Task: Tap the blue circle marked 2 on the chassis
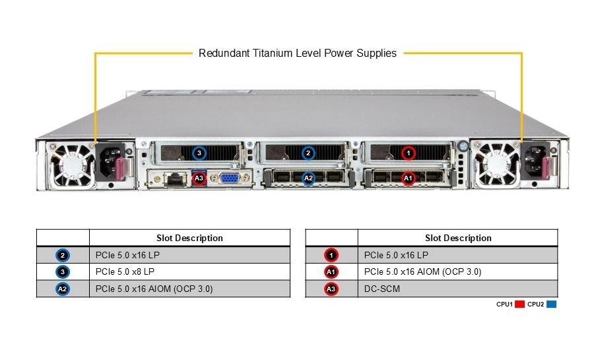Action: point(308,153)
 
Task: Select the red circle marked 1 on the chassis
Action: point(409,153)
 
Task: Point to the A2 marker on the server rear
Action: point(308,177)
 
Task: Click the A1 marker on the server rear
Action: point(408,177)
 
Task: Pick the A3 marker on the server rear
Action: point(199,178)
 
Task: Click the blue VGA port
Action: point(229,178)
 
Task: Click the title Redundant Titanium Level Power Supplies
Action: point(298,53)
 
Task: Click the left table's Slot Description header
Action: point(189,238)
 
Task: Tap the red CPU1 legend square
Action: point(519,305)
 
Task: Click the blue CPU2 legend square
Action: point(551,305)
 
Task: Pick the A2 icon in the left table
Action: point(63,289)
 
